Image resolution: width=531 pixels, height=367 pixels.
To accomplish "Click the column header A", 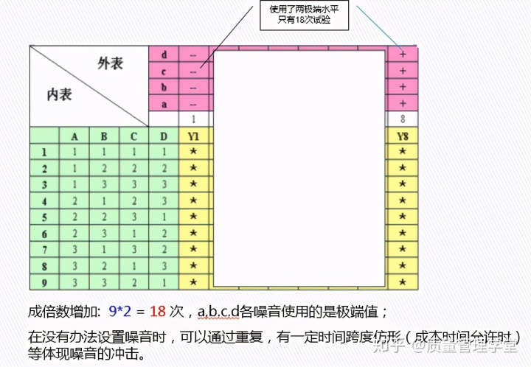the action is pos(74,136).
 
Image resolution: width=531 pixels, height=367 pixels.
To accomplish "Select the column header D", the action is pos(164,136).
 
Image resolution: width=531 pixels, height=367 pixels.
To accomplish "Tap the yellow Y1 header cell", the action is pos(193,136).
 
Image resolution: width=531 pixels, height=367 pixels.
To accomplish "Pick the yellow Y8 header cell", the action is pos(402,136).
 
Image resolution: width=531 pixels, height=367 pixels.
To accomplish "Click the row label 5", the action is pos(44,217).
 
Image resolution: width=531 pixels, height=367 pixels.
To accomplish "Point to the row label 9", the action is pos(44,282).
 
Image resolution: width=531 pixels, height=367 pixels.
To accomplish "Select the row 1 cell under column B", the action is pos(104,152).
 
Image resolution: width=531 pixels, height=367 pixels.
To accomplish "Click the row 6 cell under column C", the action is pos(133,233).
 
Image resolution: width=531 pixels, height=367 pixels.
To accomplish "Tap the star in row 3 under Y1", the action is pos(193,184).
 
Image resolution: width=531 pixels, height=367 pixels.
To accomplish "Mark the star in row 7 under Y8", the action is pos(402,249).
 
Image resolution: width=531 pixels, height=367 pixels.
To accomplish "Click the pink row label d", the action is pos(164,55).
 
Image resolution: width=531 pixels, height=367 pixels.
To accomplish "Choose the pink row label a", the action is pos(164,104).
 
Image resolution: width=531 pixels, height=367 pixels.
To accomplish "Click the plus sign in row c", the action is pos(403,71).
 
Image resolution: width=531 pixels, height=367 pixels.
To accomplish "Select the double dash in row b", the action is pos(193,88).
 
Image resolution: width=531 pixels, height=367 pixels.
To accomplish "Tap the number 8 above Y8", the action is pos(403,119).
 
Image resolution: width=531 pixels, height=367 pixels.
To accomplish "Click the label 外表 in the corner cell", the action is pos(110,64).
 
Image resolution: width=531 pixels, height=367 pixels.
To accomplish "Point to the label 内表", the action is pos(59,94).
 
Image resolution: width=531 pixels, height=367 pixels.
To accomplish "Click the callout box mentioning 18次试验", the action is pos(302,15).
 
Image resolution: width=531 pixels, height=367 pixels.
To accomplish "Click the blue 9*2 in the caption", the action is pos(120,312).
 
